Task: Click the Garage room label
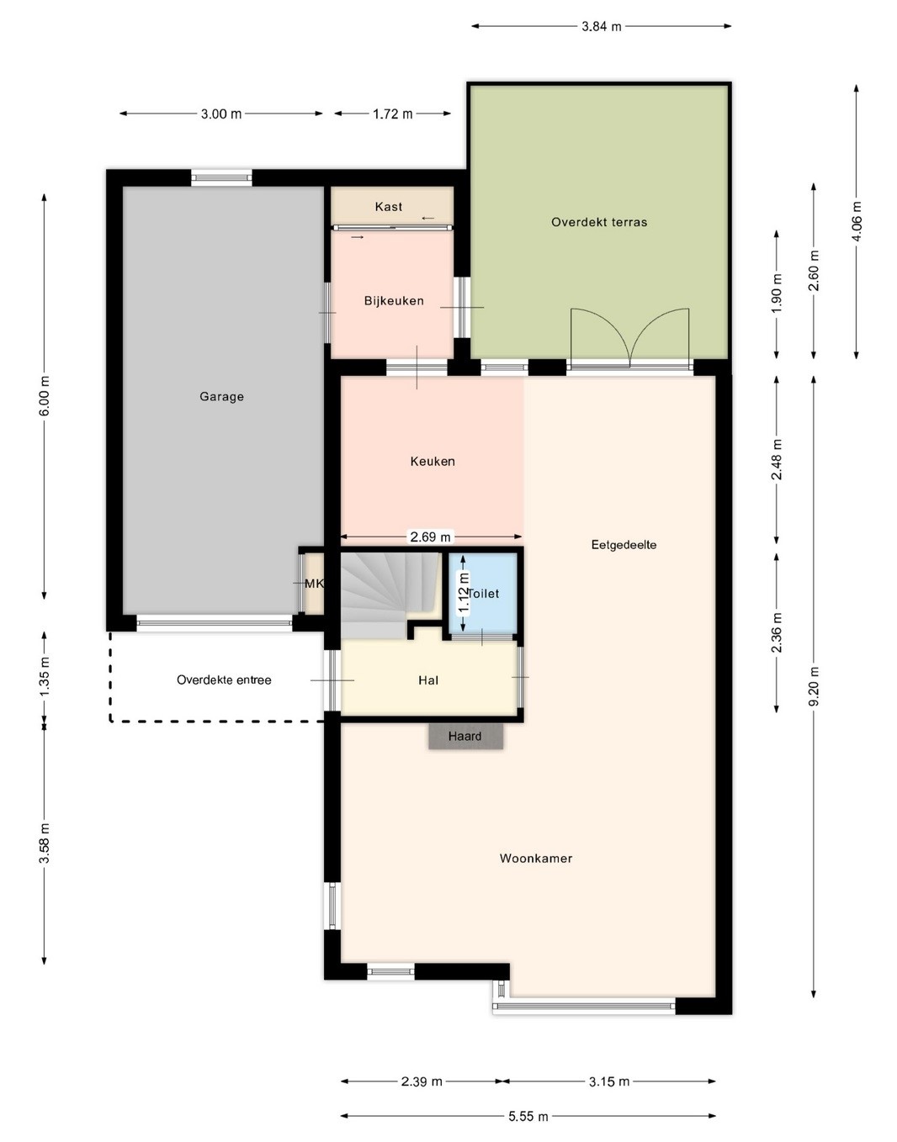click(x=221, y=397)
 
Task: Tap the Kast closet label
click(x=389, y=207)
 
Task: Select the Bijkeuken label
click(x=394, y=300)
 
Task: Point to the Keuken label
click(x=433, y=462)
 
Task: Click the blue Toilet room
click(x=483, y=594)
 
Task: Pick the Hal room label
click(x=428, y=680)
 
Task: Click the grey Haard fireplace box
click(x=465, y=737)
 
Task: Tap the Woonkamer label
click(x=536, y=859)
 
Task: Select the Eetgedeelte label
click(x=624, y=545)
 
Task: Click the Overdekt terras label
click(x=599, y=222)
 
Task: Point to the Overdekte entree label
click(x=224, y=680)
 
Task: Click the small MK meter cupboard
click(x=314, y=584)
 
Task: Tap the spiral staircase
click(x=389, y=594)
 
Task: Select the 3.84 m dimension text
click(x=602, y=26)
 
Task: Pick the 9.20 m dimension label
click(x=815, y=686)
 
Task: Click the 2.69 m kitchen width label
click(x=430, y=537)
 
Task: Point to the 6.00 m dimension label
click(x=44, y=396)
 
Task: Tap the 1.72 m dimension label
click(x=393, y=114)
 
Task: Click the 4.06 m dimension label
click(x=857, y=221)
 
